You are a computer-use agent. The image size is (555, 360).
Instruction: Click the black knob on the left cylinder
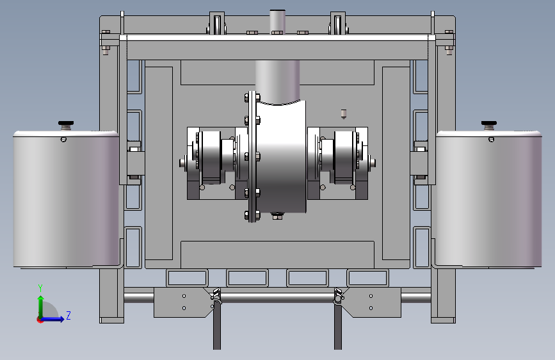(66, 123)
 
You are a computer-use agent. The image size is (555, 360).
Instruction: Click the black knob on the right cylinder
(489, 123)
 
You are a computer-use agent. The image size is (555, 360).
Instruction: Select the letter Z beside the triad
(68, 315)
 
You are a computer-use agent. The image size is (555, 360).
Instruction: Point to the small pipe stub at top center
(278, 20)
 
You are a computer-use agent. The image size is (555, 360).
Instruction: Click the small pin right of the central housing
(343, 114)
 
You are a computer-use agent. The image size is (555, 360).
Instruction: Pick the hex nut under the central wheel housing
(278, 216)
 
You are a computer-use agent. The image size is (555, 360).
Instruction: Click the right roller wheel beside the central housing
(344, 158)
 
